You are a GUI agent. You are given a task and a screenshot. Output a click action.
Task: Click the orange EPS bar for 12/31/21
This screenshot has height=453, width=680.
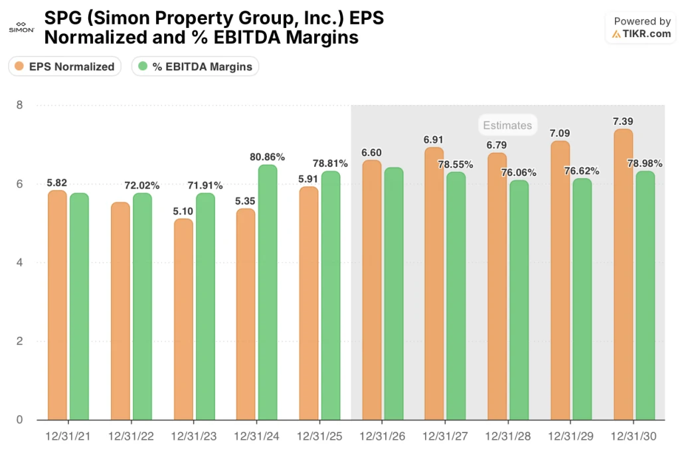[57, 305]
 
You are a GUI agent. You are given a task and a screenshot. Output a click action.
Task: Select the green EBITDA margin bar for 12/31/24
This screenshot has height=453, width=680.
[268, 292]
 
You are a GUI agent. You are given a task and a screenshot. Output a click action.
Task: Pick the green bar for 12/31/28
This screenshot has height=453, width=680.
[519, 300]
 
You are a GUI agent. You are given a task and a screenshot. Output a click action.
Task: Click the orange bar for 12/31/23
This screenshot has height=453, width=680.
[183, 319]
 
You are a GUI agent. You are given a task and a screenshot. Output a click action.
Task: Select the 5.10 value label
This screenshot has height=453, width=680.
[183, 211]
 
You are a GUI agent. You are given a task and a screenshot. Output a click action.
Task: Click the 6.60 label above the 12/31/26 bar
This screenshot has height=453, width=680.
[371, 152]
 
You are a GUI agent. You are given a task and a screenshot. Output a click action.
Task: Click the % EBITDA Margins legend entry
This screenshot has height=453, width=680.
[195, 66]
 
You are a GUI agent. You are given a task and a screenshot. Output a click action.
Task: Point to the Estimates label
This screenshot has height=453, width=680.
[507, 125]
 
